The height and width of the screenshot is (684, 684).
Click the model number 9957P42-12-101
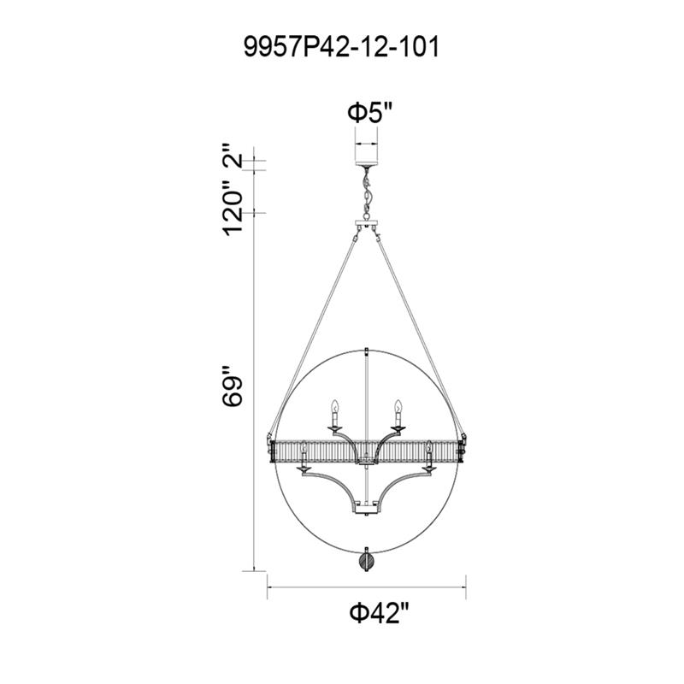tap(341, 47)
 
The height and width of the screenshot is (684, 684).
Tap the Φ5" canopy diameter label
tap(370, 113)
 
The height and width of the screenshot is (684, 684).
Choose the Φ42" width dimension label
tap(380, 614)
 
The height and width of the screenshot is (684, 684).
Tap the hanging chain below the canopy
tap(368, 193)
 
